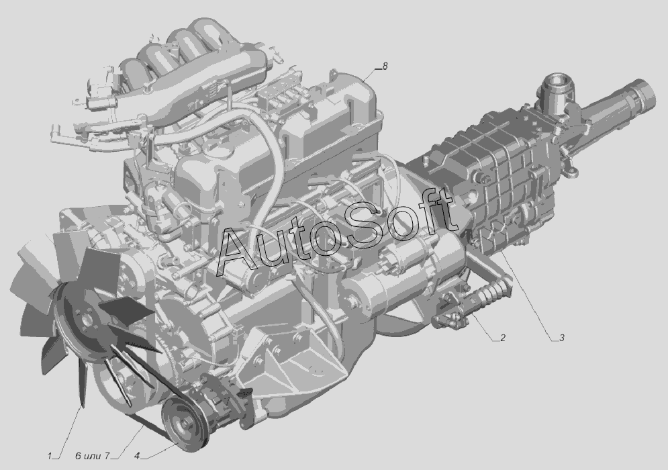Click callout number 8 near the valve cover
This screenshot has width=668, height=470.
point(385,66)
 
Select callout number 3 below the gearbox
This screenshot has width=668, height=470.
point(562,338)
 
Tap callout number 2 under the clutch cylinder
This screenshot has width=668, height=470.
point(503,338)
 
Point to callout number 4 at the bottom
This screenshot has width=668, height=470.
point(137,456)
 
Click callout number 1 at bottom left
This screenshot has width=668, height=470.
point(50,456)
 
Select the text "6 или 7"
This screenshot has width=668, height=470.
point(92,456)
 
